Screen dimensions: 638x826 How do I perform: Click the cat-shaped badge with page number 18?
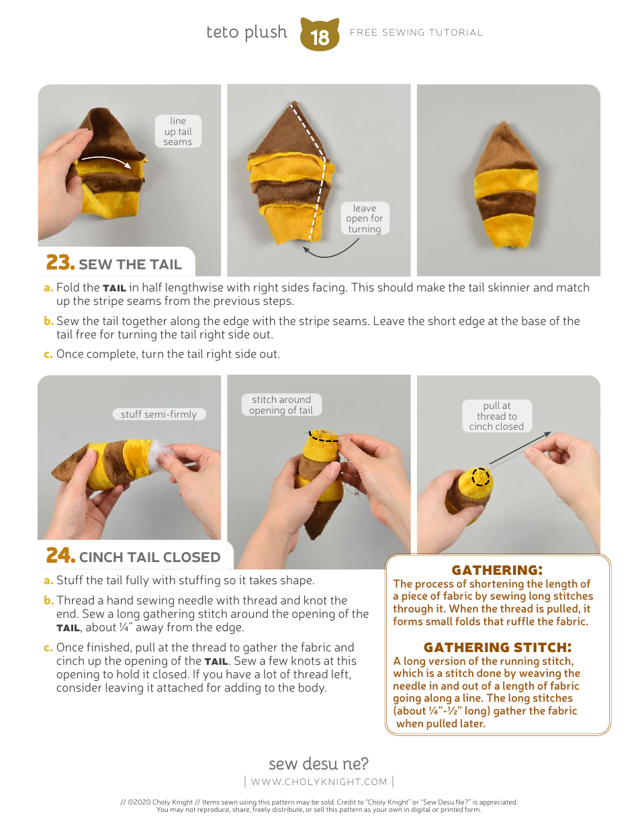[x=319, y=35]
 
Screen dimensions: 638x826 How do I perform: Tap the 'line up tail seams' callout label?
[x=178, y=131]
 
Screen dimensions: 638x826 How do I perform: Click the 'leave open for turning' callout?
[x=365, y=218]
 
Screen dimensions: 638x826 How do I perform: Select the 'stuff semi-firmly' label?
[x=159, y=414]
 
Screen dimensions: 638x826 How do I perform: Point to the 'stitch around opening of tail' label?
[x=281, y=405]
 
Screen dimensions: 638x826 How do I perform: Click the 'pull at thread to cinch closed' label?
[x=497, y=416]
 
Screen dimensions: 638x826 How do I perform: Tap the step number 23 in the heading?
[x=60, y=263]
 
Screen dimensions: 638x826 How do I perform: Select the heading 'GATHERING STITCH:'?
[x=498, y=647]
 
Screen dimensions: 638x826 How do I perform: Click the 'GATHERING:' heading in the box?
[x=497, y=569]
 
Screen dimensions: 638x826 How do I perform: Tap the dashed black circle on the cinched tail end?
[x=481, y=477]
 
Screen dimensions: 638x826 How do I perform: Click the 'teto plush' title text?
[x=246, y=32]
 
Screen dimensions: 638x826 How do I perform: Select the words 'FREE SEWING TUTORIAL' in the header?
[x=416, y=33]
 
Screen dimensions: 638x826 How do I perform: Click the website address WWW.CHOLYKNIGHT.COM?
[x=319, y=782]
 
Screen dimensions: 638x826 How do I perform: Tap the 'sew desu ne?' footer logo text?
[x=318, y=764]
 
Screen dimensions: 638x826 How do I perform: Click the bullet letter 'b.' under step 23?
[x=48, y=321]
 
